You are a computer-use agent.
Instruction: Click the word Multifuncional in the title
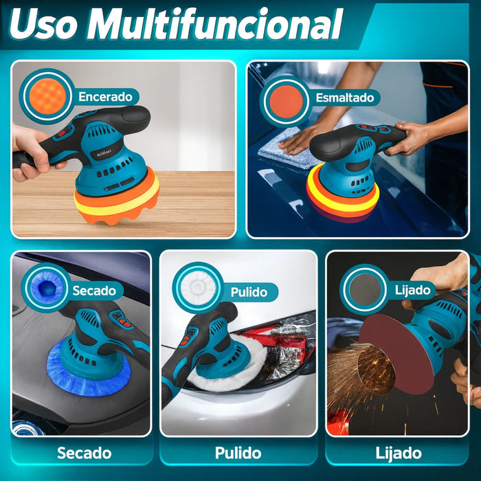[x=214, y=24]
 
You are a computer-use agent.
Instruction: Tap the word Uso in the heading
[x=43, y=25]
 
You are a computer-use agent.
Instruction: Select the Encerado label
[x=105, y=97]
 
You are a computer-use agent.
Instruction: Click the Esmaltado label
[x=345, y=98]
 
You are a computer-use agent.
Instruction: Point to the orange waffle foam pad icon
[x=47, y=96]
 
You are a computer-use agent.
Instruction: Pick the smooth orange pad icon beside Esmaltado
[x=287, y=102]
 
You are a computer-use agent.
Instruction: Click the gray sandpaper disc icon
[x=365, y=289]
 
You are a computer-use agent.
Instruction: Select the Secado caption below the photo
[x=85, y=453]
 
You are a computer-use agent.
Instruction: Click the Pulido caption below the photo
[x=238, y=453]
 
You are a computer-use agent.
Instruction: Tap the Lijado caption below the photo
[x=399, y=454]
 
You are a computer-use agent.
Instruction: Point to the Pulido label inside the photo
[x=249, y=292]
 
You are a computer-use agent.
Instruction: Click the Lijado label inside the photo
[x=412, y=290]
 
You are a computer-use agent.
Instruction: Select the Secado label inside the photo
[x=94, y=291]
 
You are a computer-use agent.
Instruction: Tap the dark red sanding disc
[x=396, y=353]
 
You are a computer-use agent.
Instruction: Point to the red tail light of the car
[x=276, y=341]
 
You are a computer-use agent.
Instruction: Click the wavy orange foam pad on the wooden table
[x=117, y=199]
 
